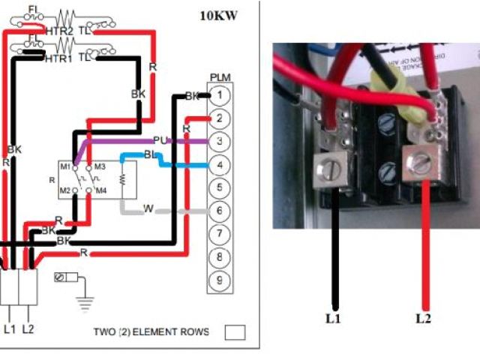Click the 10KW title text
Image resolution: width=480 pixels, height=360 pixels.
click(219, 15)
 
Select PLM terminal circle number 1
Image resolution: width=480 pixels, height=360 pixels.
click(218, 95)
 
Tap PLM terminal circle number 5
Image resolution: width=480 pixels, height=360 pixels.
click(218, 187)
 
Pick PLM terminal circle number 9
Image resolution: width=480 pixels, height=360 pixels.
click(218, 280)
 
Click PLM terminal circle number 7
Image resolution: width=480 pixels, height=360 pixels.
click(218, 234)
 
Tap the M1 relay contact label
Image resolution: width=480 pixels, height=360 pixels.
click(65, 166)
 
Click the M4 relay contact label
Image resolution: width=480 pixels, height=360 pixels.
click(100, 191)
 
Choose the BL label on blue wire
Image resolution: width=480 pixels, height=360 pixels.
click(151, 154)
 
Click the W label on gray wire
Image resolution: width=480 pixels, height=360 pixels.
click(148, 208)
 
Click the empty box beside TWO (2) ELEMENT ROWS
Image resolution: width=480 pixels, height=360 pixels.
click(235, 332)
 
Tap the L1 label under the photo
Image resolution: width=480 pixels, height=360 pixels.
click(332, 318)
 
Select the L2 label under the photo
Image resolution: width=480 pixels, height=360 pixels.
click(423, 318)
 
